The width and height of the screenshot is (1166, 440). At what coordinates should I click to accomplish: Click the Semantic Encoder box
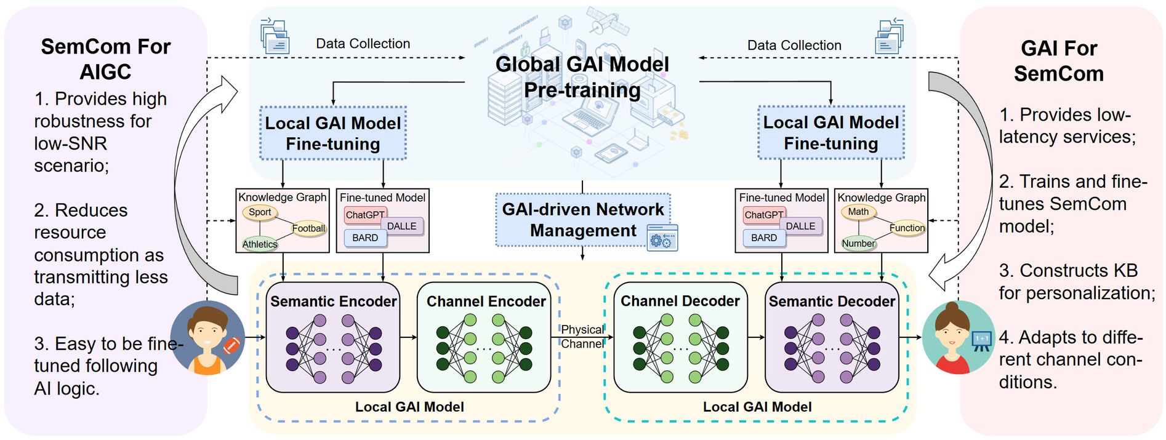click(333, 337)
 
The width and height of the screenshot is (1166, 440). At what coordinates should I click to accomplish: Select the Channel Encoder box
click(484, 337)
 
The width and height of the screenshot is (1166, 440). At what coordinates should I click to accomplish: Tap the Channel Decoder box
click(680, 337)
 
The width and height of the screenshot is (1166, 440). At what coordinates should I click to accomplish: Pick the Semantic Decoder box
click(832, 337)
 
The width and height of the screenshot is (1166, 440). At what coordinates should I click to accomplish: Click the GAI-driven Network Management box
click(582, 220)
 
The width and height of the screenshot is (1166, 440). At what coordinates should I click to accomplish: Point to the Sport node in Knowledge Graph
click(260, 212)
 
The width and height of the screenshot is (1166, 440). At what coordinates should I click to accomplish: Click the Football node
click(308, 229)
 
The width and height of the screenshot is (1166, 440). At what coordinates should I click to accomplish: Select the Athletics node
click(260, 244)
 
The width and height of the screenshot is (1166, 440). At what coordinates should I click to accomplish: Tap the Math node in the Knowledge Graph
click(858, 212)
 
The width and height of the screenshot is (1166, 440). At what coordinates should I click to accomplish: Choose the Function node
click(906, 228)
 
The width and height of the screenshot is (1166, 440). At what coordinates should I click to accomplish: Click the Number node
click(858, 244)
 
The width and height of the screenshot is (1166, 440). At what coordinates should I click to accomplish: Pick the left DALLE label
click(402, 226)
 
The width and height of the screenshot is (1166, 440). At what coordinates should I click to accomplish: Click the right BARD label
click(764, 238)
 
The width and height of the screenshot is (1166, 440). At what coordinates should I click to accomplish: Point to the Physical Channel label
click(582, 337)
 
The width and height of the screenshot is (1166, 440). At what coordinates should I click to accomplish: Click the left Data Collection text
click(363, 44)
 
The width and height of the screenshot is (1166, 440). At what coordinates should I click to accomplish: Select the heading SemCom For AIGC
click(105, 59)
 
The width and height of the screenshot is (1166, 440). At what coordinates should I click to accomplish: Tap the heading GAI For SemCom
click(1059, 61)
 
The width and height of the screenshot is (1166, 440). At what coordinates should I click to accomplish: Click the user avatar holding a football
click(207, 337)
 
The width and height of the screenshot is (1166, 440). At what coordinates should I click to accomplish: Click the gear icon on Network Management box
click(662, 239)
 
